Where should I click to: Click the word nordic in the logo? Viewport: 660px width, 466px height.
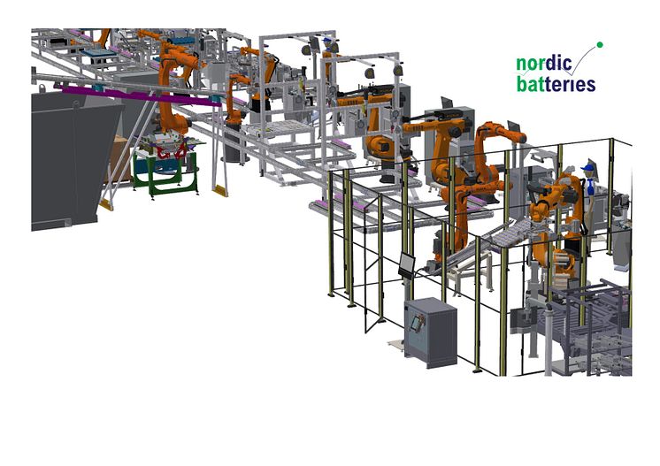(x=544, y=63)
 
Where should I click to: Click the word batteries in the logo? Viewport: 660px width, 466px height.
(x=556, y=84)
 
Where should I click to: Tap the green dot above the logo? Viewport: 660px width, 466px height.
(x=600, y=44)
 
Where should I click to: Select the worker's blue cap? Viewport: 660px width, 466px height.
(x=587, y=168)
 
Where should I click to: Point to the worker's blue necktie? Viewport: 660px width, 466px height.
(x=591, y=185)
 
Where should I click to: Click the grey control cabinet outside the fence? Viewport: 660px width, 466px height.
(x=431, y=332)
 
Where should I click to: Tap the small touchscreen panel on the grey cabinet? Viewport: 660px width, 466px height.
(x=417, y=322)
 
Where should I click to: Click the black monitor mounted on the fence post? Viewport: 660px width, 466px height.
(x=407, y=265)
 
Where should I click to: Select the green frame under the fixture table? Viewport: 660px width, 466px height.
(x=165, y=172)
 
